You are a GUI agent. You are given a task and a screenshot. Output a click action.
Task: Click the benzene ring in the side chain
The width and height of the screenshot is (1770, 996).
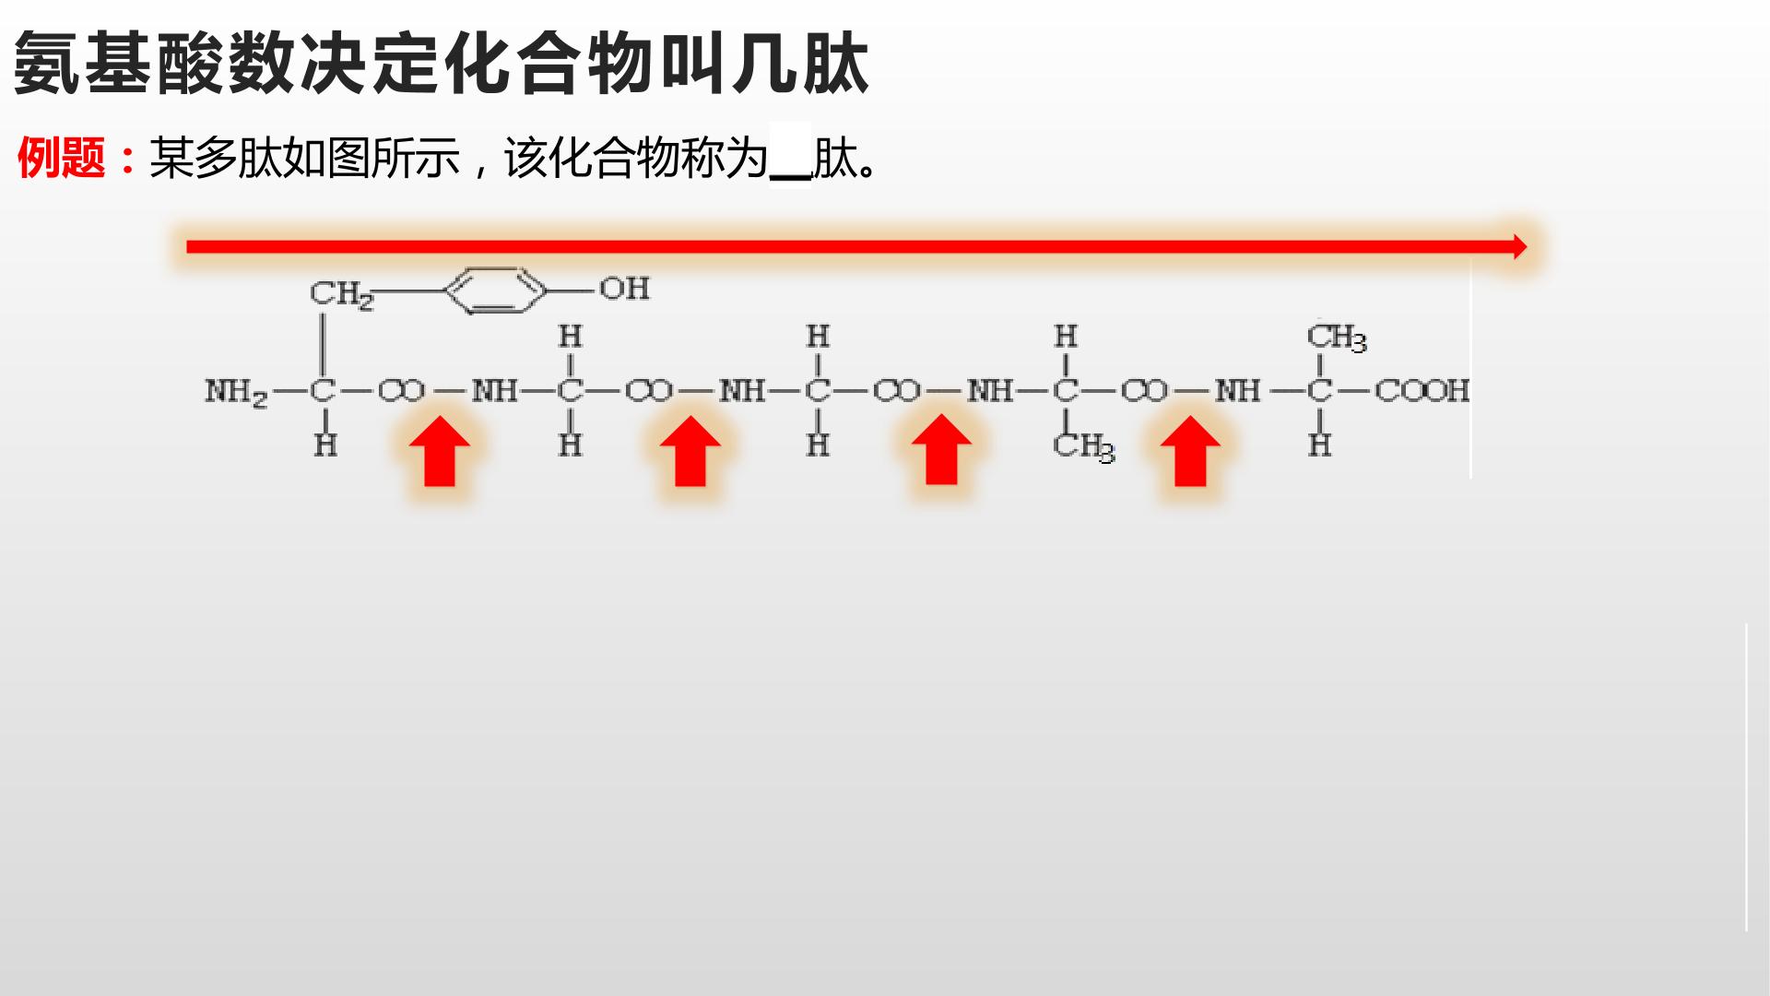[495, 290]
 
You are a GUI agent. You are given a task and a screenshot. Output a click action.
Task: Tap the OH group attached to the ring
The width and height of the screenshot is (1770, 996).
[625, 289]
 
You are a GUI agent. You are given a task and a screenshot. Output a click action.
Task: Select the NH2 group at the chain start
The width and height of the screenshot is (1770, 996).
[236, 392]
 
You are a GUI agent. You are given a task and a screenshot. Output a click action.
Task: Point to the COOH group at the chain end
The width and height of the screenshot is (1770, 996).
[1422, 391]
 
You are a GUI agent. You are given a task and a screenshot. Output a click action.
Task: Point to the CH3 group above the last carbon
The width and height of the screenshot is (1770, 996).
[1337, 338]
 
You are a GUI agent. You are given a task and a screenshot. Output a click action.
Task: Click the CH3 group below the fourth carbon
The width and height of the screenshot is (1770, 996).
[1084, 447]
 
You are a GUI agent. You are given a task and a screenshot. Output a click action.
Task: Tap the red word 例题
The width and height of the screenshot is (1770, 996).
[61, 158]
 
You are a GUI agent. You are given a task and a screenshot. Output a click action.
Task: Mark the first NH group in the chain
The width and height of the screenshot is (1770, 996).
[495, 391]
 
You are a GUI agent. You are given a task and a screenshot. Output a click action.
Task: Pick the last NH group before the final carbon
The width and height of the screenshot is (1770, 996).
[1237, 391]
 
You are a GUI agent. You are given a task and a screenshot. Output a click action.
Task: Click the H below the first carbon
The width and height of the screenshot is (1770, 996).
[325, 445]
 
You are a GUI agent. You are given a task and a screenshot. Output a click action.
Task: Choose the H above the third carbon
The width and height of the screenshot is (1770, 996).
[818, 337]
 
